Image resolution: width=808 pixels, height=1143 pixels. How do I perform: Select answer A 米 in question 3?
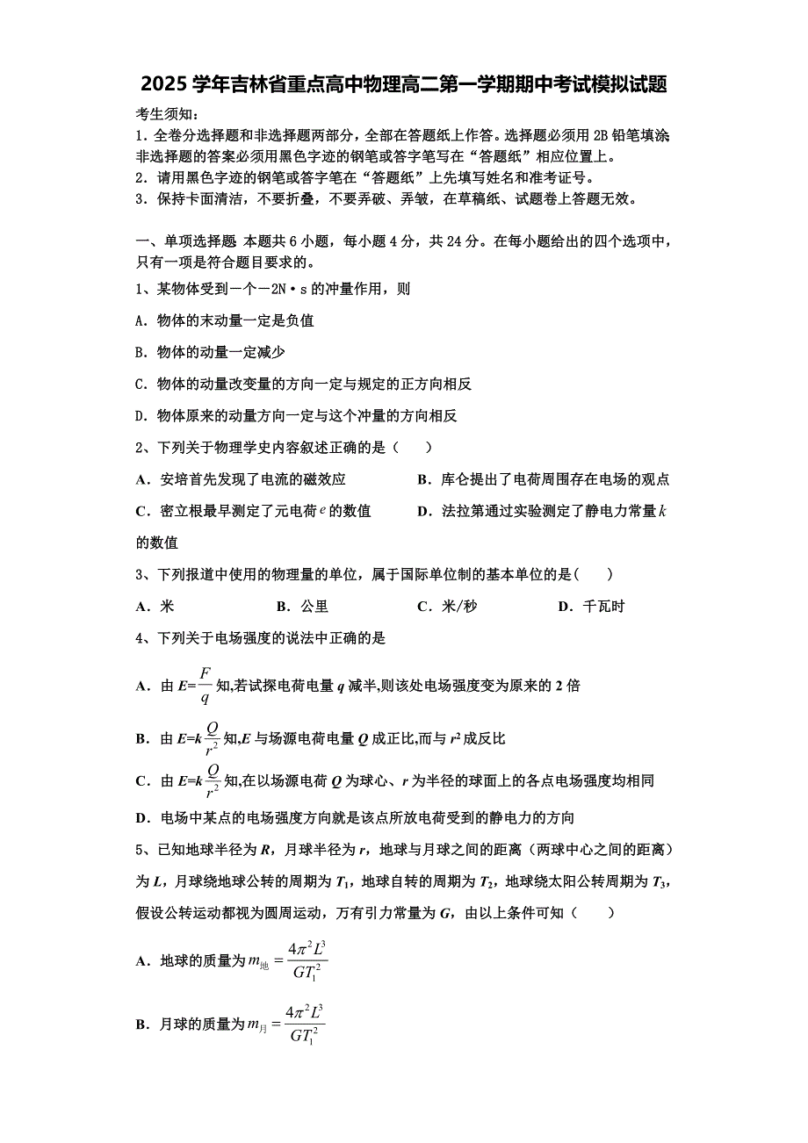point(155,607)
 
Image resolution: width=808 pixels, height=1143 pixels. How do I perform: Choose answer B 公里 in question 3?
point(303,607)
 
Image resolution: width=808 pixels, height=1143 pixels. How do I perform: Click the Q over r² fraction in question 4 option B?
point(212,738)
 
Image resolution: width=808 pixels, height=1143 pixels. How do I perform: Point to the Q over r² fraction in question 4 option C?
point(212,780)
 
